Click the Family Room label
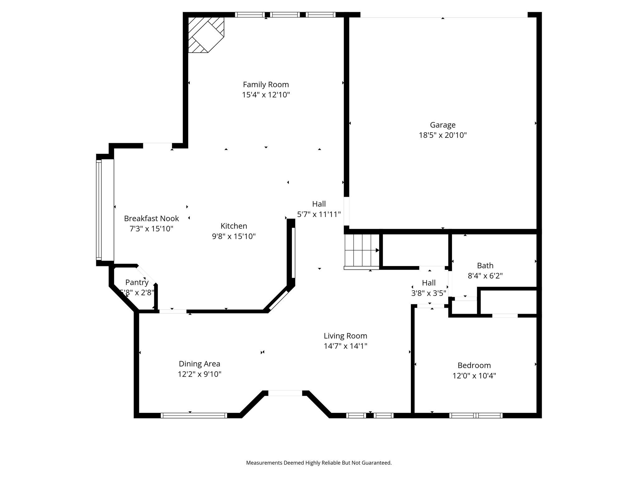266,85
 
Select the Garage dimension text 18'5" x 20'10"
443,135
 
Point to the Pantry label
137,282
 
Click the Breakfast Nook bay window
99,210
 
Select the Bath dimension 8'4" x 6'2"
485,276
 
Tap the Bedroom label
474,365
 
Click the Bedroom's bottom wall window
476,415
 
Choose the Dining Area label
199,364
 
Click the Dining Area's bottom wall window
194,415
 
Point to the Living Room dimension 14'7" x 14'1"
345,346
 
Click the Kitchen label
234,226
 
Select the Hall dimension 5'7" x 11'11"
319,214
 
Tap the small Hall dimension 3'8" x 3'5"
429,293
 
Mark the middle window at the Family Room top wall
285,15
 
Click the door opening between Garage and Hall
346,211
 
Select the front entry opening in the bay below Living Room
285,393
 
